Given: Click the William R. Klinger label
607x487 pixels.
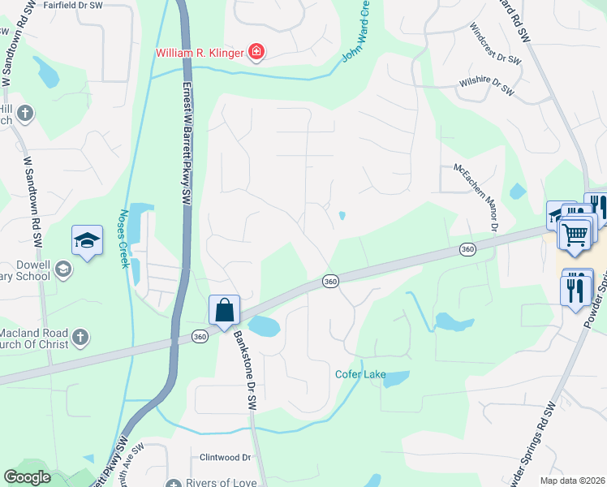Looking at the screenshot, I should (x=200, y=54).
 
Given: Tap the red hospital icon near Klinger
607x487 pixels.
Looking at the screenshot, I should (x=256, y=54).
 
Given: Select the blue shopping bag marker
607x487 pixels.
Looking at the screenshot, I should (x=225, y=311).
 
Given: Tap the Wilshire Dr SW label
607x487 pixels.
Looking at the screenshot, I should (x=486, y=85).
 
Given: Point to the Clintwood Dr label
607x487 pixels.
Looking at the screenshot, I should (x=226, y=457).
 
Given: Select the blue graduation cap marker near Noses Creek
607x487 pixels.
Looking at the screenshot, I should (x=87, y=240).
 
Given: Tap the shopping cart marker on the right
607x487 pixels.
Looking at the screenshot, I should (x=575, y=235).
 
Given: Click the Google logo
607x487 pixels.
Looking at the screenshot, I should (x=28, y=477).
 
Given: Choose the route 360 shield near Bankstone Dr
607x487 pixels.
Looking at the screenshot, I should (x=200, y=335).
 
